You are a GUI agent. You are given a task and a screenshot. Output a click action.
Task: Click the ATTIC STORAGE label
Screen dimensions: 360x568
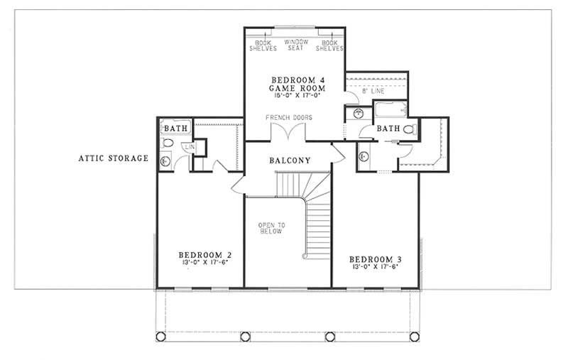pos(113,158)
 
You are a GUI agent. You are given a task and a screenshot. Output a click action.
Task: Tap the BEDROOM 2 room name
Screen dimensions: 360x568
pos(204,255)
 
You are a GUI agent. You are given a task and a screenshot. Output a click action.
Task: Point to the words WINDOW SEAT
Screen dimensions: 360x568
pos(297,45)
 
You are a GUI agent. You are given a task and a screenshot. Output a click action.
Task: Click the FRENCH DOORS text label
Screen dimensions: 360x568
pos(289,117)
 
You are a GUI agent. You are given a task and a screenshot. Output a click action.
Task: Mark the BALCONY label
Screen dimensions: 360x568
pos(290,160)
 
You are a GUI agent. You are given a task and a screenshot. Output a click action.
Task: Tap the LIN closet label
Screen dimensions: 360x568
pos(188,146)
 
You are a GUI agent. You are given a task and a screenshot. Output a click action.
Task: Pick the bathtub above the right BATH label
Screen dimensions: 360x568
pos(390,110)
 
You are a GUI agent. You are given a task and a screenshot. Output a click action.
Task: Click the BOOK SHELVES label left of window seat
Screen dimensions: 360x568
pos(262,45)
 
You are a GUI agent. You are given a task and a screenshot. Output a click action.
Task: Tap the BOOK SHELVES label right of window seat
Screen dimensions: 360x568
pos(329,45)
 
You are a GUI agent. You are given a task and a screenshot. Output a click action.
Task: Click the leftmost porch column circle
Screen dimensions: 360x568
pos(161,337)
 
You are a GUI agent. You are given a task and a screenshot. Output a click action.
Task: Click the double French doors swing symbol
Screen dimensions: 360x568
pos(289,133)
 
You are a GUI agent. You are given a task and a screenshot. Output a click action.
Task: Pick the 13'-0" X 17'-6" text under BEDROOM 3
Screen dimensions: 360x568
pos(375,267)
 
